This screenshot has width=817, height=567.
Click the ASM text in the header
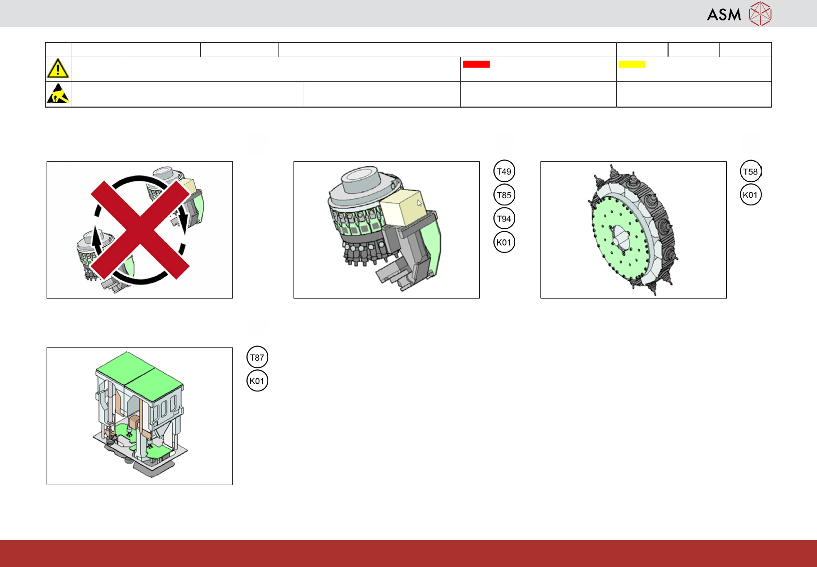tap(724, 15)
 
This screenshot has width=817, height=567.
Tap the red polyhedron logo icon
tap(760, 14)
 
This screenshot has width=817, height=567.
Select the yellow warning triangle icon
tap(58, 68)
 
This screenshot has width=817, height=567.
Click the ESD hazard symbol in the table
tap(58, 94)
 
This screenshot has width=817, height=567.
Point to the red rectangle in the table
tap(476, 64)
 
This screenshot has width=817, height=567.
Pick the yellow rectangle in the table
tap(632, 64)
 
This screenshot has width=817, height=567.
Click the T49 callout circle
tap(504, 171)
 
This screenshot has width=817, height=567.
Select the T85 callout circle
tap(504, 195)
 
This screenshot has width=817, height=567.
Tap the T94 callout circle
tap(504, 219)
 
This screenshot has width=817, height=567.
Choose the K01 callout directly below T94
tap(504, 242)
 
